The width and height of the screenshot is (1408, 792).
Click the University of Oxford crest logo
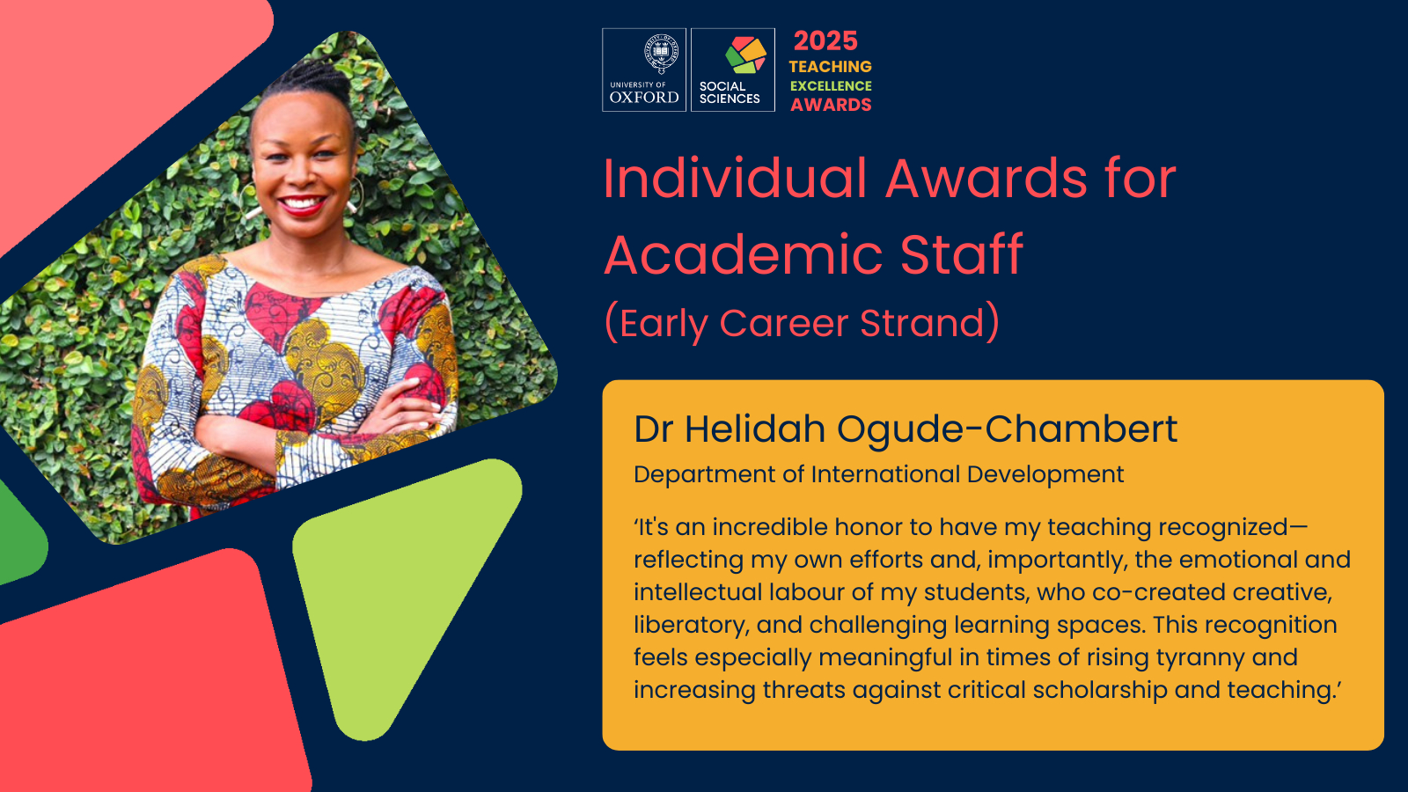pos(661,54)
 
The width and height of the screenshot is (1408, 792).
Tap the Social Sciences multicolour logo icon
pos(746,55)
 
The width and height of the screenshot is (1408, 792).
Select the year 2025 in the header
pos(825,41)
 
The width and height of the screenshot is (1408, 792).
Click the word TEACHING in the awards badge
pos(831,67)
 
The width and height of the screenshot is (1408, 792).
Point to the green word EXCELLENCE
pos(831,86)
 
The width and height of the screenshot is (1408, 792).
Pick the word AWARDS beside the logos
pos(831,105)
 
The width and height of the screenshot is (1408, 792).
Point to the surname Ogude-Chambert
pos(1007,430)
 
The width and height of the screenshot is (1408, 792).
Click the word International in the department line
pos(885,474)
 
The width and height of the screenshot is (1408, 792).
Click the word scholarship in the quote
pos(1100,690)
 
